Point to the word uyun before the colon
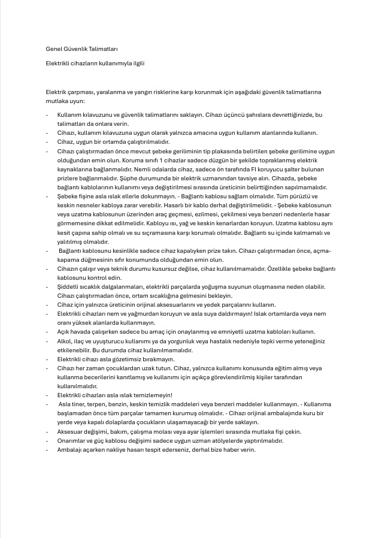click(x=77, y=101)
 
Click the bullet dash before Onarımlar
click(x=47, y=440)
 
